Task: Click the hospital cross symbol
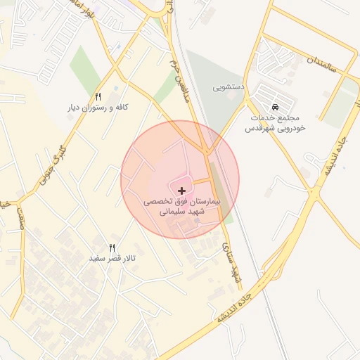click(182, 191)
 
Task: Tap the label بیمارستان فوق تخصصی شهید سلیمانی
click(182, 206)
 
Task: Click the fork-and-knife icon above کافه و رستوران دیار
click(98, 96)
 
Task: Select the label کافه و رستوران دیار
click(99, 108)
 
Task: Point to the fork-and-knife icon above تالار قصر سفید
click(111, 247)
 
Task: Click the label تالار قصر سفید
click(111, 259)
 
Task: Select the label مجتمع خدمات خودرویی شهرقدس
click(276, 122)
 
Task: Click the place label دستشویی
click(229, 88)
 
